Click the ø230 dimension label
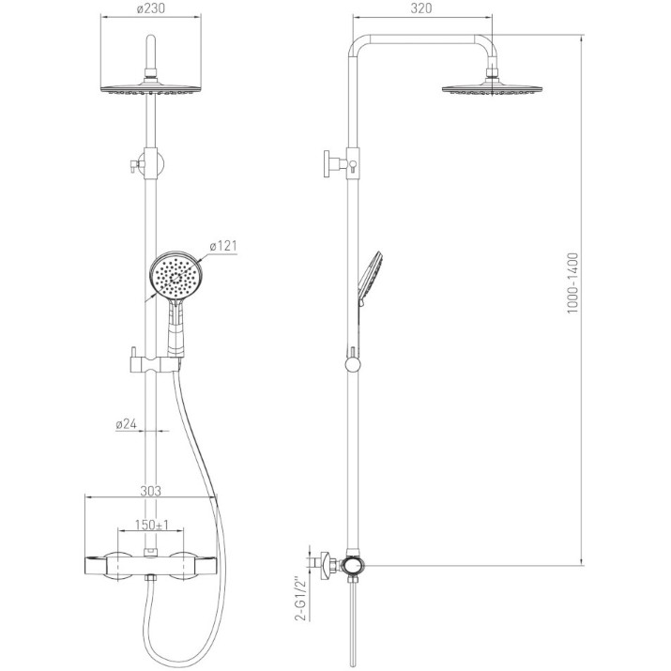[151, 8]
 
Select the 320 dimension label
[421, 8]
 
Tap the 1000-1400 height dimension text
[572, 282]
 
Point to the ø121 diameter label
[223, 246]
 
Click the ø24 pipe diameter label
[127, 424]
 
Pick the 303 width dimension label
[151, 491]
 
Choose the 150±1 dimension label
[152, 525]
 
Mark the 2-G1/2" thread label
[302, 599]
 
